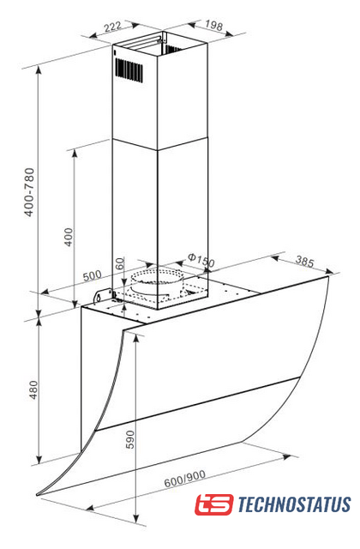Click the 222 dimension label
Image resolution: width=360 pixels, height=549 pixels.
click(x=113, y=27)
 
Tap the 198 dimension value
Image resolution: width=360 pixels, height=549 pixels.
click(x=213, y=25)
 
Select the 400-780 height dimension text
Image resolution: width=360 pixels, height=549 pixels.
click(x=29, y=192)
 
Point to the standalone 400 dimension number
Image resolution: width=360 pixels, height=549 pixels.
click(x=69, y=237)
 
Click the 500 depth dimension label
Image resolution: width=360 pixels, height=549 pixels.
click(x=92, y=275)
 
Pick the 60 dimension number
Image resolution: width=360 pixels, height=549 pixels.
click(x=120, y=263)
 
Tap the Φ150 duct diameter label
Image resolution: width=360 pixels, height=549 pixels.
click(x=201, y=260)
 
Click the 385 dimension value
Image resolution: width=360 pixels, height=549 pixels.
click(x=305, y=261)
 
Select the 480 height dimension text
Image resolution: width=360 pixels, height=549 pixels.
click(x=33, y=389)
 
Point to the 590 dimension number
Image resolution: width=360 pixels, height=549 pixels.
click(x=130, y=439)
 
